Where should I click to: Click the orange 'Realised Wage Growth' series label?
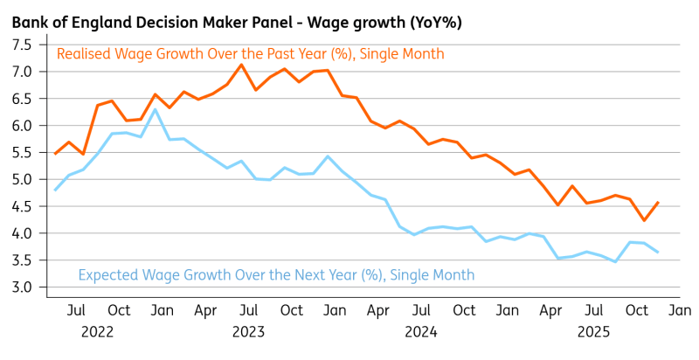[250, 54]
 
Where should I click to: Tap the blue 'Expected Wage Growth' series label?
[276, 275]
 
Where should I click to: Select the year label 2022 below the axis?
[98, 331]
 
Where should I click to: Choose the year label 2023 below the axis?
[248, 331]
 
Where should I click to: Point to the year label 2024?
[420, 331]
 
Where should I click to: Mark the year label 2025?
[593, 331]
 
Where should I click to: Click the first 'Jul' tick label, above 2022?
[76, 310]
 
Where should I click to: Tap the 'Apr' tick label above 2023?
[205, 310]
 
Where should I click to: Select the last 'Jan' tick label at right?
[680, 310]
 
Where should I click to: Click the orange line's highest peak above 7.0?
[241, 65]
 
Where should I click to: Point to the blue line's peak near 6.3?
[156, 109]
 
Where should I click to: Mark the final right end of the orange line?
[658, 203]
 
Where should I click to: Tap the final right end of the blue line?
[658, 253]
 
